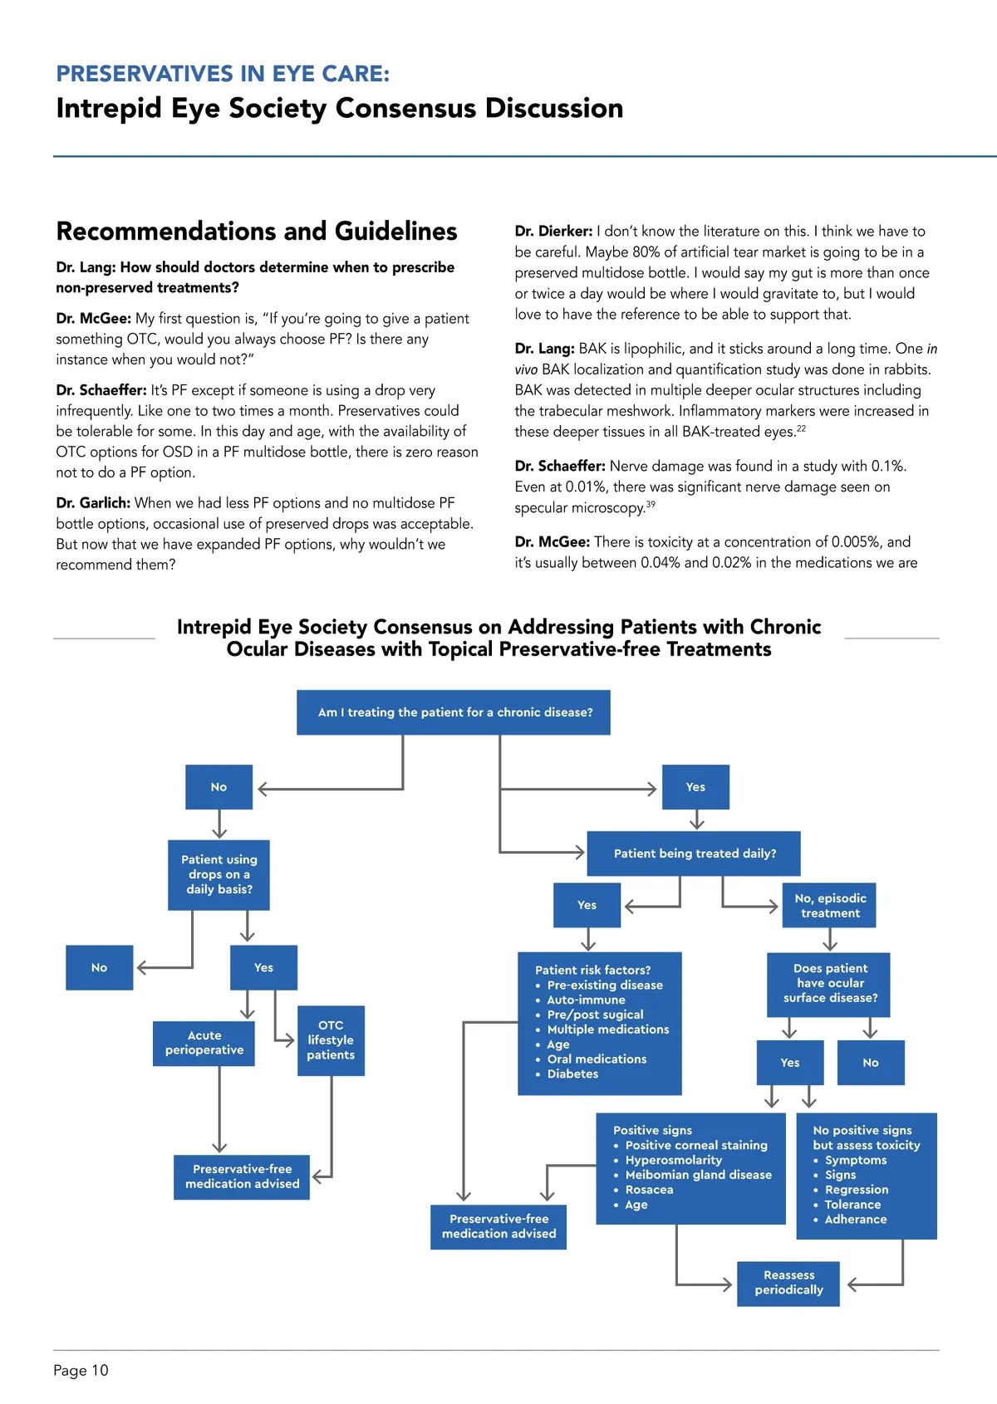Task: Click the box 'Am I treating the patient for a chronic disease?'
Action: click(454, 712)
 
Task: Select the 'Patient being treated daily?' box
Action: click(694, 854)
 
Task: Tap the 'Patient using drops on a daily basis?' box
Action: click(219, 875)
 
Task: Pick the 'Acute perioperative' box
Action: click(204, 1043)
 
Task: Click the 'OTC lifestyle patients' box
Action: click(331, 1040)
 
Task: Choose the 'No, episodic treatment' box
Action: click(829, 906)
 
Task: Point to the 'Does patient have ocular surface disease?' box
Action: click(829, 984)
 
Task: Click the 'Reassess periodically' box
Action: click(788, 1283)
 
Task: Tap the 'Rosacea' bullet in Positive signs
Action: click(649, 1190)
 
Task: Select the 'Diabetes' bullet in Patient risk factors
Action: click(572, 1074)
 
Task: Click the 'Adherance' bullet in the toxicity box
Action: click(855, 1220)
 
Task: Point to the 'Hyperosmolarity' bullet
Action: click(673, 1160)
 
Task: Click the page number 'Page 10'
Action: click(81, 1371)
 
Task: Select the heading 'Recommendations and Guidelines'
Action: click(257, 231)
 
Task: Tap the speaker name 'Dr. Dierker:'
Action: click(553, 232)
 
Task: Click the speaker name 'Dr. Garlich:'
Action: click(93, 503)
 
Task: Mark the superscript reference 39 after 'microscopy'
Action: click(651, 504)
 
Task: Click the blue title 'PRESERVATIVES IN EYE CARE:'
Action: click(223, 74)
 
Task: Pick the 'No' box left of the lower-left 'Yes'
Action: click(100, 968)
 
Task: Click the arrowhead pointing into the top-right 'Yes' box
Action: click(652, 789)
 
